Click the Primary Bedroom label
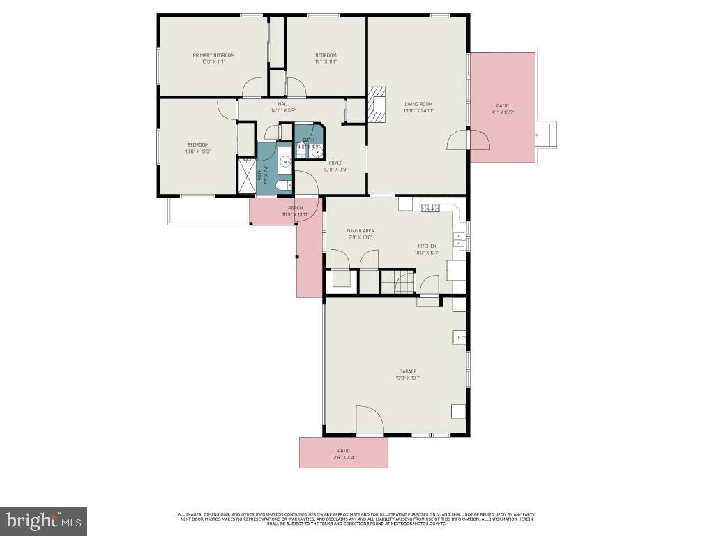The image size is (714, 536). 213,55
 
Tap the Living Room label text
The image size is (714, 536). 418,104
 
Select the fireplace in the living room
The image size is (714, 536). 377,105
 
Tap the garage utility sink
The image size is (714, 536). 459,337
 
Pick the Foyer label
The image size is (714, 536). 335,163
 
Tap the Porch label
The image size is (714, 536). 295,208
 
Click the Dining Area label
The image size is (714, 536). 360,230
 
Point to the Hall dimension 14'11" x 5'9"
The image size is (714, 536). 283,110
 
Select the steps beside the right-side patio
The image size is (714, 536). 547,134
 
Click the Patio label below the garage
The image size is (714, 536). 343,450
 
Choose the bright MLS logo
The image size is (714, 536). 44,521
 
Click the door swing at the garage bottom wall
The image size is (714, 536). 370,421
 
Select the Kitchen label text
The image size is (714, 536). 427,246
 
